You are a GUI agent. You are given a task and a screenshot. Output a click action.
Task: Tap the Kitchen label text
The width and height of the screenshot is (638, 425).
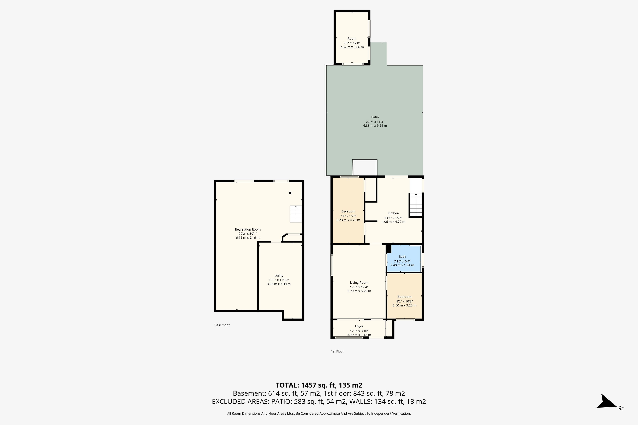[x=393, y=213]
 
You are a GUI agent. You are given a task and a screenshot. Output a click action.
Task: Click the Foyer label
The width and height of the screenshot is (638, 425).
[x=359, y=326]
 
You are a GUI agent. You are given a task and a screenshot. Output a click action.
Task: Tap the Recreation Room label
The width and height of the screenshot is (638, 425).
[x=248, y=230]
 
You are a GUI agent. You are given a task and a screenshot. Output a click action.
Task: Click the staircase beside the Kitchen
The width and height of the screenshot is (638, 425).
[x=416, y=205]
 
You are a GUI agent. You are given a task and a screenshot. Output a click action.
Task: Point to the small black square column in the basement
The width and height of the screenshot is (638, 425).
[x=290, y=193]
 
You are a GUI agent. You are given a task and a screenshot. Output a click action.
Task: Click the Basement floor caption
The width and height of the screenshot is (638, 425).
[x=222, y=325]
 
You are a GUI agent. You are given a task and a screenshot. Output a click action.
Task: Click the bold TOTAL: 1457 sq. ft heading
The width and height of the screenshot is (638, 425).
[x=319, y=385]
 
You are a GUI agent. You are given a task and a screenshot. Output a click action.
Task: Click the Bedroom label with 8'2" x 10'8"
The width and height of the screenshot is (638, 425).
[x=404, y=297]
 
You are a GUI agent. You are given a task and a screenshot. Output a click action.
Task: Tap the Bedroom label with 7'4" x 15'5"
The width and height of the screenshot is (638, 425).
[x=348, y=211]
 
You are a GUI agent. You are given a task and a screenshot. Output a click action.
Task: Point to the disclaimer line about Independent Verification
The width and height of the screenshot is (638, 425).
[x=319, y=414]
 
